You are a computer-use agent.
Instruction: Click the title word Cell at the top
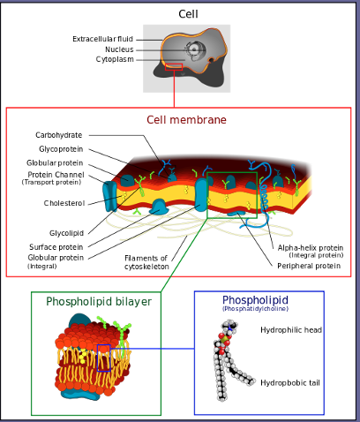[x=188, y=14]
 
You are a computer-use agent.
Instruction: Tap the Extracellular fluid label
[x=102, y=39]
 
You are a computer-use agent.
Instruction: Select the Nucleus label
[x=119, y=49]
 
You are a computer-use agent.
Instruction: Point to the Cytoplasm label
[x=115, y=59]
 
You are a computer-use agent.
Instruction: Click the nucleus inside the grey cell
[x=194, y=50]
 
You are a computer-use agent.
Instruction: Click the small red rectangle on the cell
[x=174, y=67]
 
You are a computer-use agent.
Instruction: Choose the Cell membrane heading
[x=186, y=120]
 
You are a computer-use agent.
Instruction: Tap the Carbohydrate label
[x=59, y=135]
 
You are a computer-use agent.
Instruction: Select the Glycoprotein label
[x=61, y=149]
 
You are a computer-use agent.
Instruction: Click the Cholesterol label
[x=64, y=203]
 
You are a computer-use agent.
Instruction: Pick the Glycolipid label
[x=66, y=233]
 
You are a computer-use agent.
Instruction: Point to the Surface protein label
[x=56, y=247]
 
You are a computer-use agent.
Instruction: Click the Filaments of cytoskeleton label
[x=146, y=262]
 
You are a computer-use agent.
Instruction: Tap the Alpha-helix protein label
[x=311, y=248]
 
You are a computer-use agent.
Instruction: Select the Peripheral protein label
[x=309, y=266]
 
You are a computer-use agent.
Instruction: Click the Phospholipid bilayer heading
[x=99, y=302]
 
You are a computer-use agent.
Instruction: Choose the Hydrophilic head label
[x=291, y=330]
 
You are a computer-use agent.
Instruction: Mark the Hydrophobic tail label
[x=290, y=383]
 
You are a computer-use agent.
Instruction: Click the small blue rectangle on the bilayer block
[x=104, y=358]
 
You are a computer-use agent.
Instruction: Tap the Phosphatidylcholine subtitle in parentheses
[x=255, y=309]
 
